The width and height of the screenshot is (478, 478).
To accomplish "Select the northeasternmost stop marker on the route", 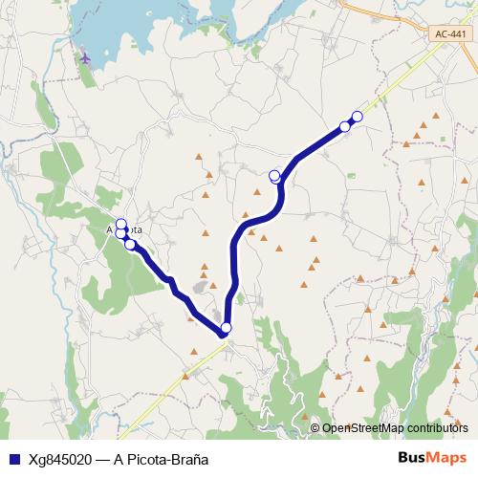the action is click(358, 117).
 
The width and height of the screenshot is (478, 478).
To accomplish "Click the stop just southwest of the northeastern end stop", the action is click(345, 126).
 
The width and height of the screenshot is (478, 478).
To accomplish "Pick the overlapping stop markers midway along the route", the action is click(275, 175).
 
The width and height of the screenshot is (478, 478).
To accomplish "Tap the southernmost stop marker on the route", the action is click(226, 329).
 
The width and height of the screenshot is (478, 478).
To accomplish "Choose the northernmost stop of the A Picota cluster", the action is click(121, 225).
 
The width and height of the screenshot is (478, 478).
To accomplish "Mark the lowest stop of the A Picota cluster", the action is click(130, 245).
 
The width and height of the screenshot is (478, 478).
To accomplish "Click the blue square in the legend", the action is click(11, 459).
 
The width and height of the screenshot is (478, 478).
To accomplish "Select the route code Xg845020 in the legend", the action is click(59, 459).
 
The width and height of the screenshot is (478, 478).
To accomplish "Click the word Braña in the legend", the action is click(189, 459).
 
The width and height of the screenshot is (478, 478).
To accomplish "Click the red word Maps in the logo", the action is click(445, 458).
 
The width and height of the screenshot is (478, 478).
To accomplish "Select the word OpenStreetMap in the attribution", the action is click(359, 428).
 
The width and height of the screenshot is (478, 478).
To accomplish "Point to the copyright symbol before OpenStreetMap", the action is click(315, 428).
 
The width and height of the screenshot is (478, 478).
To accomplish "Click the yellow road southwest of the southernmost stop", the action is click(172, 382).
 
